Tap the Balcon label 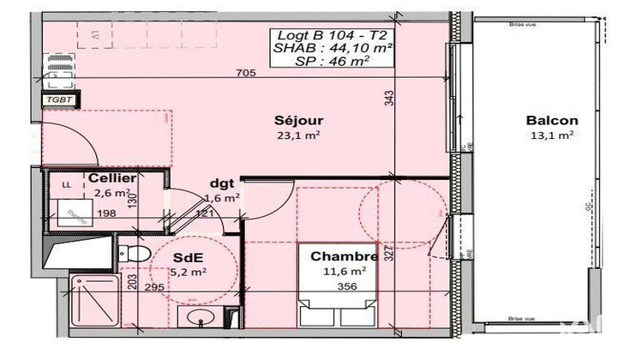552,121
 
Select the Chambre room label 344,256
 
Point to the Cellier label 111,178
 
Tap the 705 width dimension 246,74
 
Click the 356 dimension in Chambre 347,286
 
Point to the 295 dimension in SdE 154,287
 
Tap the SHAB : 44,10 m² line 333,48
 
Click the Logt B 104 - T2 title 333,34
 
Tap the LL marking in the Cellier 66,183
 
